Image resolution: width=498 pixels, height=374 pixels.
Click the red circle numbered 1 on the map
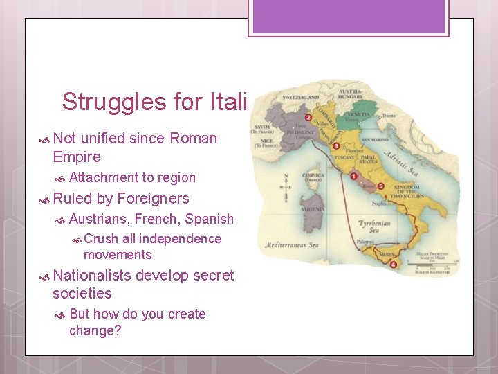click(353, 177)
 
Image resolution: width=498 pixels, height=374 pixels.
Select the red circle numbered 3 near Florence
click(336, 146)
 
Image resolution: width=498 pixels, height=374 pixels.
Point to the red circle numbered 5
click(380, 186)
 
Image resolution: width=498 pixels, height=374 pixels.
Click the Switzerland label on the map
click(300, 98)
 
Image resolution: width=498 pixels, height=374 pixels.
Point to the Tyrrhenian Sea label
click(376, 228)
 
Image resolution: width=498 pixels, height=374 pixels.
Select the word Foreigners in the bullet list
click(153, 199)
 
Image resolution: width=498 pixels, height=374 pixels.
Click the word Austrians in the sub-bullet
click(100, 219)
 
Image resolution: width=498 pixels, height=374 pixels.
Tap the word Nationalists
click(92, 276)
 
